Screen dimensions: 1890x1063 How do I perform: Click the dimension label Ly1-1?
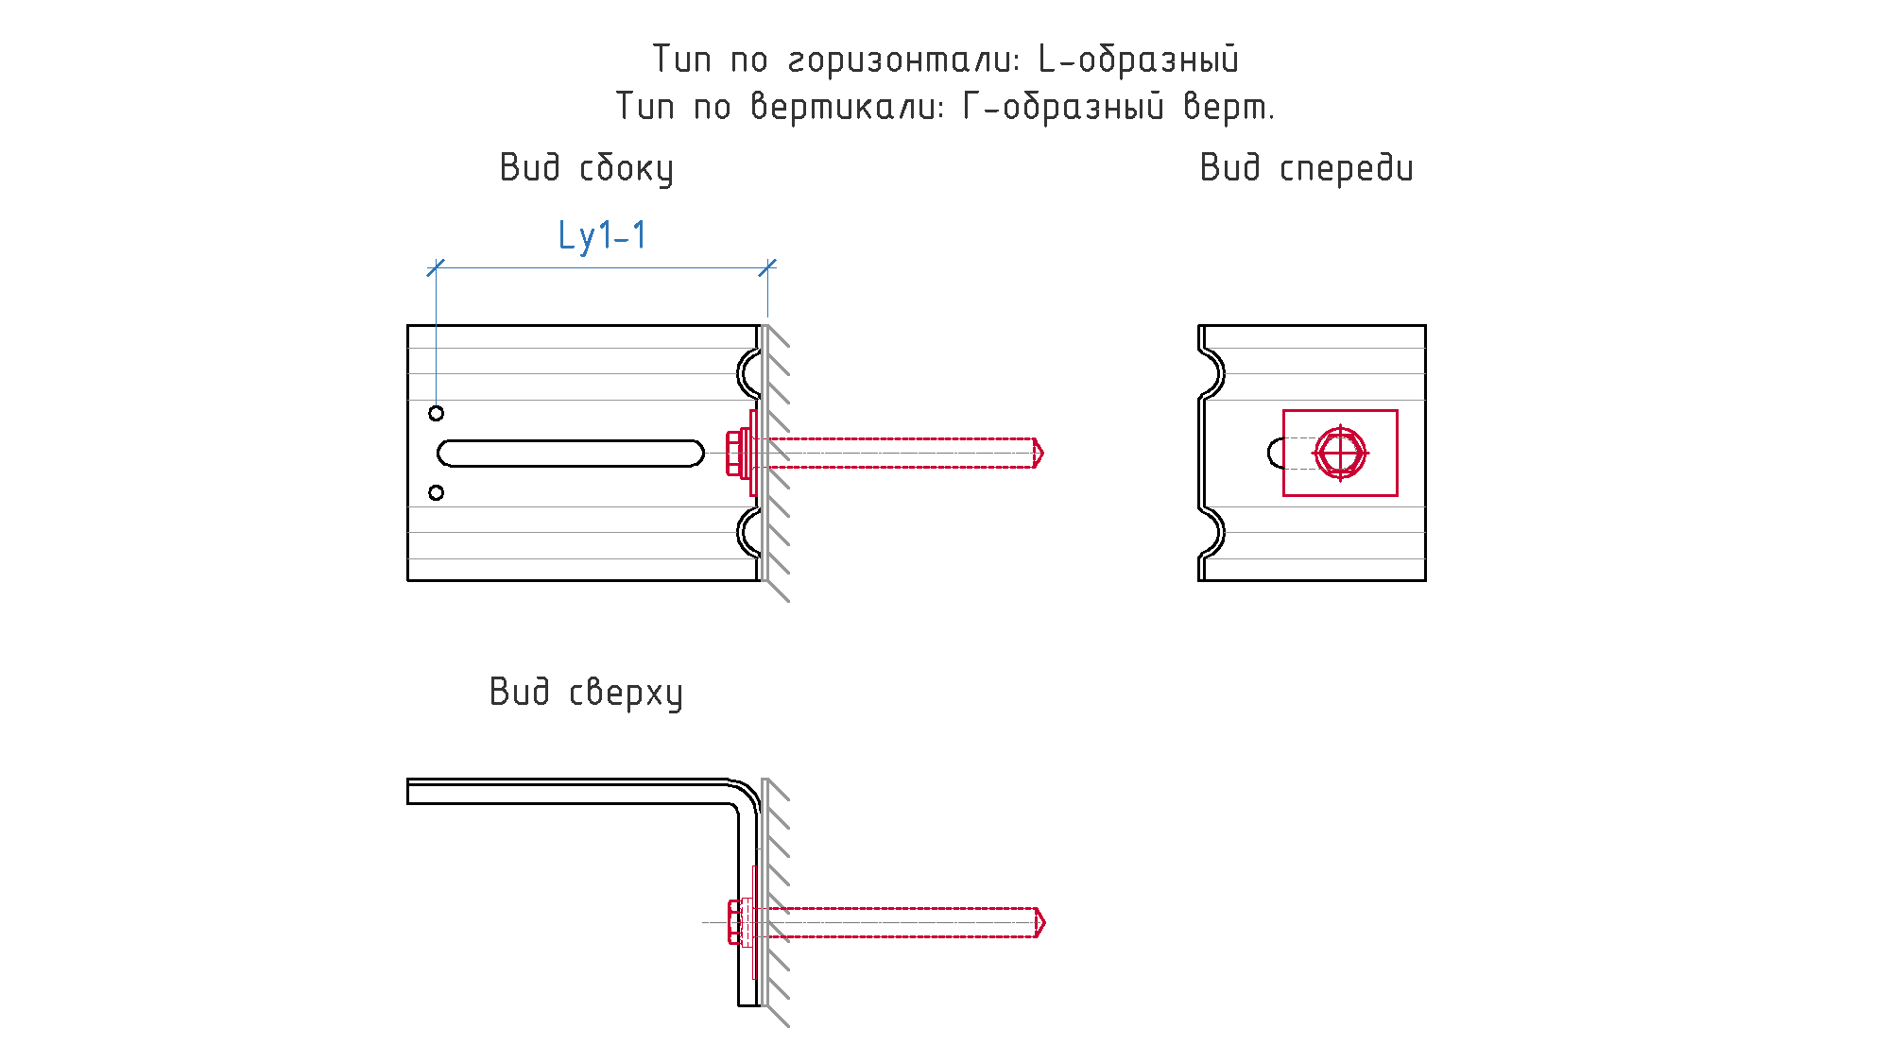[x=602, y=236]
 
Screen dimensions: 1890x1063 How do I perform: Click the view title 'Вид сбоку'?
[x=587, y=169]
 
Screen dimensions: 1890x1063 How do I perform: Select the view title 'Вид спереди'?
[x=1307, y=168]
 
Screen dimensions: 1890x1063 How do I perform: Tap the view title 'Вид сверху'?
[x=586, y=693]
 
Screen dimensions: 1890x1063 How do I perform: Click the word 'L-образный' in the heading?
[x=1139, y=60]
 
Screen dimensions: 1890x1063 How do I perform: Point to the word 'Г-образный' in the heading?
[x=1063, y=106]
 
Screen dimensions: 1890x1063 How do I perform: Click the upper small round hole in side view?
[x=436, y=413]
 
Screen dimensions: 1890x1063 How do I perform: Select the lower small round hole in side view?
[x=436, y=492]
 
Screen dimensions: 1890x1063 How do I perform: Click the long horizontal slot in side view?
[x=571, y=454]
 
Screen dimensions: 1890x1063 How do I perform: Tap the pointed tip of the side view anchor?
[x=1043, y=454]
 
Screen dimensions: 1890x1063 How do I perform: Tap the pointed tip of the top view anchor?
[x=1045, y=922]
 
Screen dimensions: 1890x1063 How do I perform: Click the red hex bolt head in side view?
[x=733, y=454]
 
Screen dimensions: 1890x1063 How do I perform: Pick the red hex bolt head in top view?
[x=734, y=922]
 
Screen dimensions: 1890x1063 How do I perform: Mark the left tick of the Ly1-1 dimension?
[x=436, y=268]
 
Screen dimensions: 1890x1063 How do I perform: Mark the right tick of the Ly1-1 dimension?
[x=767, y=268]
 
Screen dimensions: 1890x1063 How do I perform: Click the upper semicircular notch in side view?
[x=740, y=373]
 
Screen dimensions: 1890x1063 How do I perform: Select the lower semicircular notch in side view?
[x=740, y=532]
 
